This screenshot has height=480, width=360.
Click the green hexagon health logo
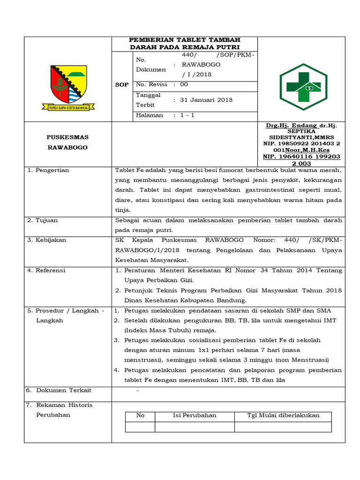pyautogui.click(x=304, y=86)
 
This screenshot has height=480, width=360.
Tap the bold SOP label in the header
pyautogui.click(x=122, y=85)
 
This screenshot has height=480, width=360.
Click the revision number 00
pyautogui.click(x=184, y=84)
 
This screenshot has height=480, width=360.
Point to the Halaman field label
pyautogui.click(x=150, y=115)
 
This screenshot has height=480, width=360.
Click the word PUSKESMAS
pyautogui.click(x=67, y=137)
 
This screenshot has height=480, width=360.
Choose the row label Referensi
pyautogui.click(x=51, y=270)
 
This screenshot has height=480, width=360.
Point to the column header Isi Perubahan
pyautogui.click(x=195, y=415)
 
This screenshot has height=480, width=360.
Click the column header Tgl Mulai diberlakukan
pyautogui.click(x=283, y=415)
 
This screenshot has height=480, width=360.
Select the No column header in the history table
pyautogui.click(x=140, y=415)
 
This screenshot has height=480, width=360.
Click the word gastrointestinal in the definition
pyautogui.click(x=261, y=190)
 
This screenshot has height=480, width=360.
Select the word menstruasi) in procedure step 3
pyautogui.click(x=143, y=360)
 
